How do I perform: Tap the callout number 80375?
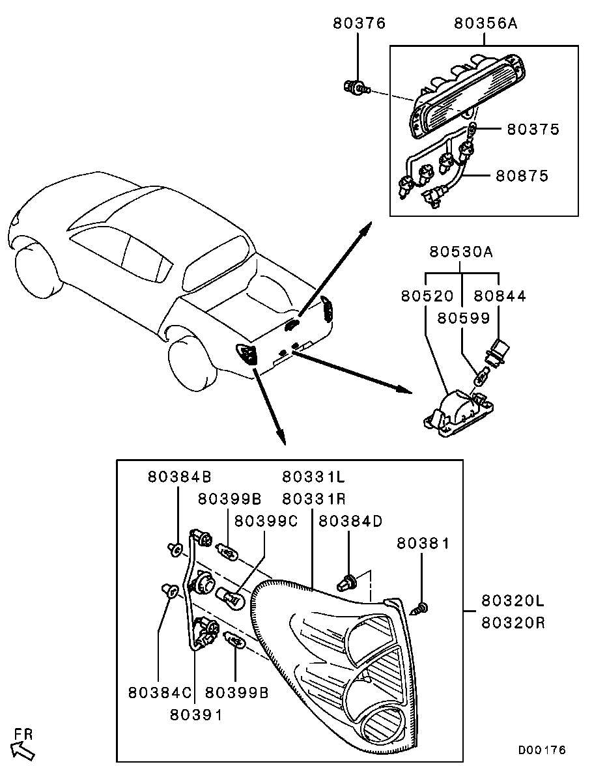(x=533, y=129)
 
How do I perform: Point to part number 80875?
(x=522, y=176)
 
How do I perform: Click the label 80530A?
(x=461, y=252)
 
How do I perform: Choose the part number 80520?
(x=427, y=296)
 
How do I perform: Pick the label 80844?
(x=500, y=296)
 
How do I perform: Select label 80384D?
(x=351, y=521)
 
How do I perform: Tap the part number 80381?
(x=423, y=543)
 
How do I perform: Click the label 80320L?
(x=513, y=600)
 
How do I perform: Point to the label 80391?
(x=196, y=714)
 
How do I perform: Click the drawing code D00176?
(x=542, y=750)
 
